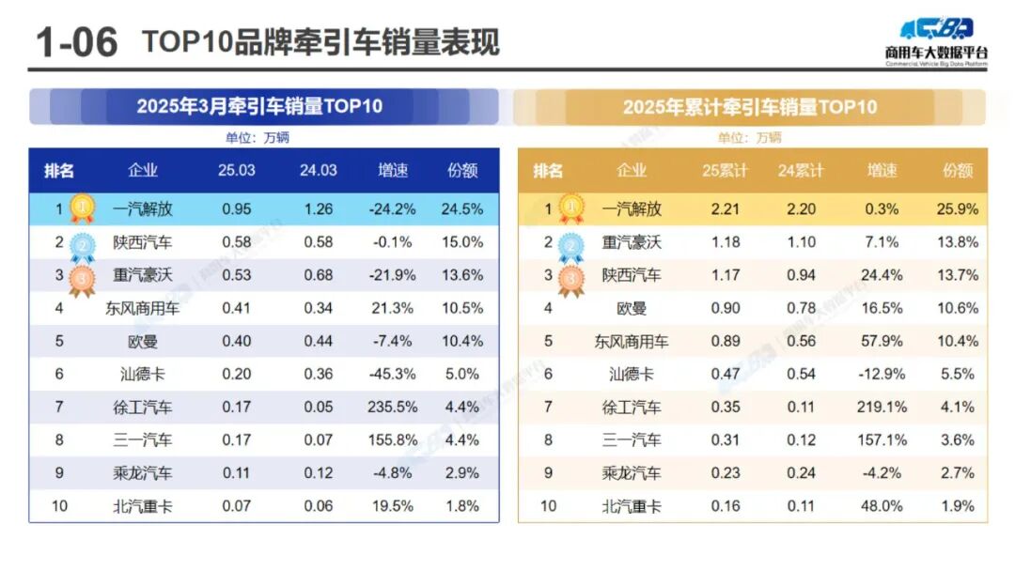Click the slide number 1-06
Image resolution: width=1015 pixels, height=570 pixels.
pos(75,42)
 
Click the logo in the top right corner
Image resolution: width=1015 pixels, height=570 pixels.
pos(935,40)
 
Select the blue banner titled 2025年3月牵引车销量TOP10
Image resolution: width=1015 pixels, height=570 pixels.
pos(260,106)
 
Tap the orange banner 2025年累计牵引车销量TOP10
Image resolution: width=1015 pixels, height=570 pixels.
pos(749,107)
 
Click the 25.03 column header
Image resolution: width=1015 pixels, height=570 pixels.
pos(236,170)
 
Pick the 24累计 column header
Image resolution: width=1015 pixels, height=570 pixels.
pos(801,171)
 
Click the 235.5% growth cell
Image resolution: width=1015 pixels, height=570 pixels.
pos(394,407)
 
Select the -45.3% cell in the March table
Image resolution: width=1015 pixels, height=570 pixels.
pos(394,374)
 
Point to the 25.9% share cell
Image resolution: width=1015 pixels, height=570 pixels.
pos(959,209)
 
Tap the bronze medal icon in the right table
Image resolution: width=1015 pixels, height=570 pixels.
pos(570,278)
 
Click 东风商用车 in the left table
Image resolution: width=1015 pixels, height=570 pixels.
pos(143,308)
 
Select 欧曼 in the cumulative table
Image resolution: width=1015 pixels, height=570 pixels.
pos(632,308)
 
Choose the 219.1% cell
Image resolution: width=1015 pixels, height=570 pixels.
pos(882,408)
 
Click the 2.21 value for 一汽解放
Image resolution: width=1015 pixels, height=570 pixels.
pos(725,209)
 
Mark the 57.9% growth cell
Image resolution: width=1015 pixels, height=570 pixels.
pos(882,341)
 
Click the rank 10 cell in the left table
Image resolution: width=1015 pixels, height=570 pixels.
pos(59,506)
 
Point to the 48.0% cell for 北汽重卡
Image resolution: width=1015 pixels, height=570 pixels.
pos(882,506)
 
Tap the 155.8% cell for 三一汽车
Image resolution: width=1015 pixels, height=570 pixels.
pos(394,439)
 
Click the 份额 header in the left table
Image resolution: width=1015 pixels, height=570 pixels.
pos(462,170)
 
